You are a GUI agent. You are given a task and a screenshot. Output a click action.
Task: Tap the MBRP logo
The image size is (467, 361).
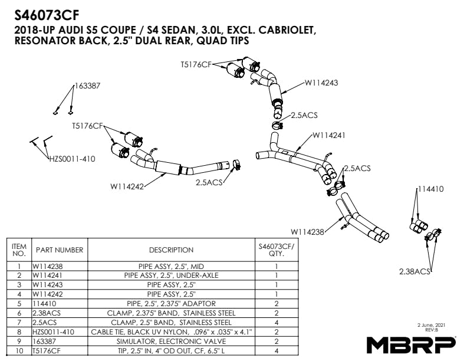pos(411,343)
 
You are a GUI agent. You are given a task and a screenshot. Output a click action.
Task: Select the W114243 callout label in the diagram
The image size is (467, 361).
pos(321,83)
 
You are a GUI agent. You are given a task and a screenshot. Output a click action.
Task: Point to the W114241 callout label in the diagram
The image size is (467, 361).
pos(328,135)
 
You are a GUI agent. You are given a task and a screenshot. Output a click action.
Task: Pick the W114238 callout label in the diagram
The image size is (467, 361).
pos(308,232)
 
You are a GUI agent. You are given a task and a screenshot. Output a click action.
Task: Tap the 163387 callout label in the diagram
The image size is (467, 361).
pos(87,86)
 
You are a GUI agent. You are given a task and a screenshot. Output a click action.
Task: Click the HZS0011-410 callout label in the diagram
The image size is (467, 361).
pos(71,159)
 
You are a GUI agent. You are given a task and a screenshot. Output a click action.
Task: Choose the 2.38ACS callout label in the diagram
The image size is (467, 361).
pos(415,271)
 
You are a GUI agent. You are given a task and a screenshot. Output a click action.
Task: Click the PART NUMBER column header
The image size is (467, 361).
pos(60,250)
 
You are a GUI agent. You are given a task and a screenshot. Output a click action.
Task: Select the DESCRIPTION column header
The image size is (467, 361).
pos(171,250)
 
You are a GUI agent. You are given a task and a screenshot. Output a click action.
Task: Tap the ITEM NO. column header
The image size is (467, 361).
pos(19,250)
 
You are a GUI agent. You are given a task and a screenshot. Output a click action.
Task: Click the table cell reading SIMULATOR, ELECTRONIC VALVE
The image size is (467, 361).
pos(171,342)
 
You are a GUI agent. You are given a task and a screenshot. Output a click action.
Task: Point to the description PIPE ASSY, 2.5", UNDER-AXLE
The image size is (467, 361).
pos(171,275)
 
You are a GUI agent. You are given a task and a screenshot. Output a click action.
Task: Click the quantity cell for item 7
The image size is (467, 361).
pos(276,322)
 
